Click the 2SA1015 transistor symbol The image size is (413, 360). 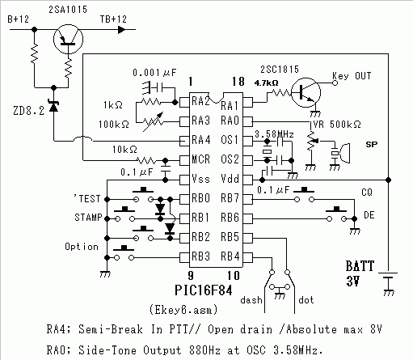tap(68, 39)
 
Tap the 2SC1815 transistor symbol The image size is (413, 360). tap(306, 92)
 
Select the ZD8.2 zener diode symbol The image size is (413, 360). tap(54, 106)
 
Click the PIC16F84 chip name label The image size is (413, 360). tap(204, 290)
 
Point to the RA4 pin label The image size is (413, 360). tap(200, 140)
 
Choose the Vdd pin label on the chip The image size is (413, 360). tap(230, 179)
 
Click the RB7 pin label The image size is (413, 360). tap(230, 198)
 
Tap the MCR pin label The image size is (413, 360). tap(200, 159)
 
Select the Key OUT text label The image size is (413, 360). tap(352, 76)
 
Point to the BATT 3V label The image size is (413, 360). tap(360, 273)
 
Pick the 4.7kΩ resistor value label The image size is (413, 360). tap(266, 83)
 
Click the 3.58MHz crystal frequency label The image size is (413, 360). tap(274, 134)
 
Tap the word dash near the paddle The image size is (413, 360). tap(251, 300)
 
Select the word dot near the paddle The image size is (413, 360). tap(306, 300)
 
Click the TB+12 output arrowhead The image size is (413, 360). tap(122, 29)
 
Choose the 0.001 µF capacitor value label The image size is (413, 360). tap(154, 73)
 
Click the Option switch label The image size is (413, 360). tap(82, 247)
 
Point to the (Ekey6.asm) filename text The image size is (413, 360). tap(183, 310)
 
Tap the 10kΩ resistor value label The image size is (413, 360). tap(124, 150)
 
